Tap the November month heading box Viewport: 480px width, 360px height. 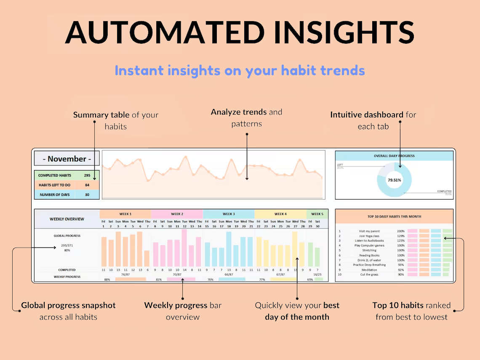[x=67, y=159]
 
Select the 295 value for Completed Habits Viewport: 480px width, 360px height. [x=87, y=175]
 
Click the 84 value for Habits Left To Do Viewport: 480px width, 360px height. [x=87, y=185]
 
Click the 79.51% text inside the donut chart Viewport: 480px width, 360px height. [x=394, y=180]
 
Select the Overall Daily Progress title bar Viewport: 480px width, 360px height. [x=394, y=156]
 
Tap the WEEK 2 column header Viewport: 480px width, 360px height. [x=177, y=214]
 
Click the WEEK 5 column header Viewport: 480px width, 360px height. [x=317, y=214]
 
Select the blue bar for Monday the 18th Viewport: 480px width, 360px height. [x=229, y=249]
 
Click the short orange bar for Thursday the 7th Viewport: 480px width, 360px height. [x=147, y=258]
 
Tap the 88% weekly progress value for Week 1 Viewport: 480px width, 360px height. [x=107, y=279]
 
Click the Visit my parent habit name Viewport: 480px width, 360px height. [x=369, y=231]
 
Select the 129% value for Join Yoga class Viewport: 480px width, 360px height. [x=400, y=236]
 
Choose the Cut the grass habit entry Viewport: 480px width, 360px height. [x=369, y=275]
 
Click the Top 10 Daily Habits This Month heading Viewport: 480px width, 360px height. [x=394, y=216]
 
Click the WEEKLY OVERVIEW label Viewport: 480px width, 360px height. [x=67, y=219]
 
